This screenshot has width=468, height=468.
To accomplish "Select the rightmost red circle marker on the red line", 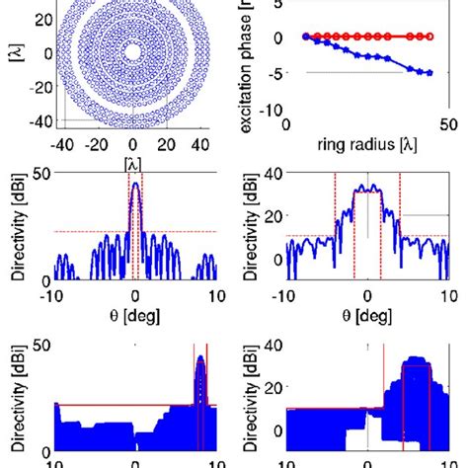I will (429, 37).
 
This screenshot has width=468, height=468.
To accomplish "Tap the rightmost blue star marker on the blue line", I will (428, 72).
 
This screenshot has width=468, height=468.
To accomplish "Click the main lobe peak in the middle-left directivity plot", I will (135, 184).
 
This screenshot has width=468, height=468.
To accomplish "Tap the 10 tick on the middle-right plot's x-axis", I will (445, 295).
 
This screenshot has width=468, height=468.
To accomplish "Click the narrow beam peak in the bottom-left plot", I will (201, 357).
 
